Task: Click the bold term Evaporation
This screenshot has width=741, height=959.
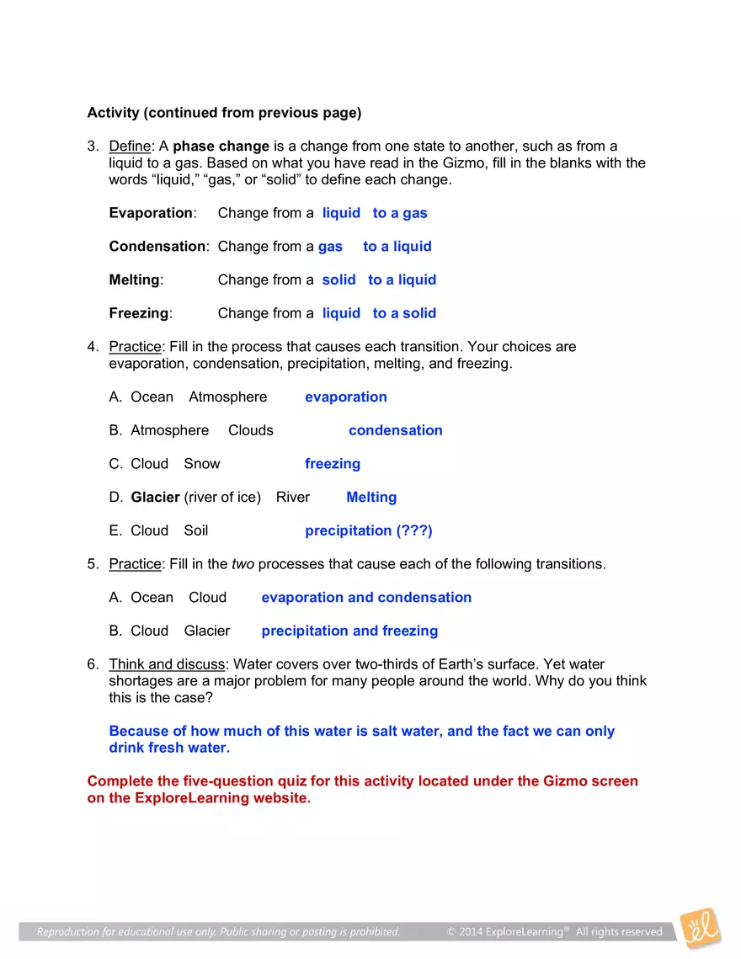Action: pos(151,213)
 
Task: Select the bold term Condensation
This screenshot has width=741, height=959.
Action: pos(157,247)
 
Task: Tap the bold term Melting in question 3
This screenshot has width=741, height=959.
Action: pos(134,280)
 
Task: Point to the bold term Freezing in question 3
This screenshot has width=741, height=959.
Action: pos(139,313)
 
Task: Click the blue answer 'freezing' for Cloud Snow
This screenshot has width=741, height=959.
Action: pos(333,464)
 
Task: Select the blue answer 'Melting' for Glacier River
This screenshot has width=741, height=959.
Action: pos(371,498)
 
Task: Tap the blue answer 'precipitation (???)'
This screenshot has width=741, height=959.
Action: pos(369,530)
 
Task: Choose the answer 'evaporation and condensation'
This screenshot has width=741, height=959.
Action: pos(366,598)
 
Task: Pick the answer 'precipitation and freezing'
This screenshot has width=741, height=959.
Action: pos(349,631)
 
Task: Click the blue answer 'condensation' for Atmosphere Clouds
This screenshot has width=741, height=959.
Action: pos(395,430)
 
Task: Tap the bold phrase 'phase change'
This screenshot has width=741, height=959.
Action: pos(221,147)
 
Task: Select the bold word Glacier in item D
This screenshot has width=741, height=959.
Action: pos(155,498)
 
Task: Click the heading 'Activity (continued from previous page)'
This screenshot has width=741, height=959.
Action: pos(224,113)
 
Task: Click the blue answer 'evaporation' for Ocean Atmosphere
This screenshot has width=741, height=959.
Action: pos(346,397)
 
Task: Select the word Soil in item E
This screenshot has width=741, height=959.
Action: pos(196,530)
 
